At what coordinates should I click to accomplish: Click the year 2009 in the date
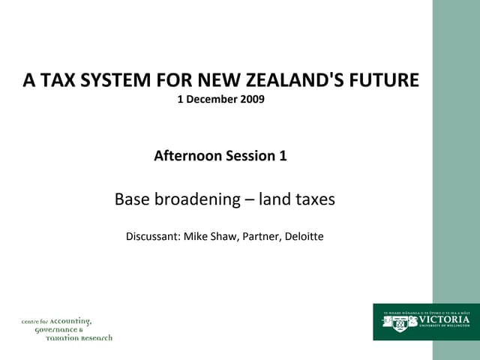[x=252, y=98]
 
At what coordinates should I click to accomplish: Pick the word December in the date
[x=211, y=98]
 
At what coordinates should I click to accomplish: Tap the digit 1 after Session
[x=283, y=156]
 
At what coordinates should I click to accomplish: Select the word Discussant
[x=152, y=237]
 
